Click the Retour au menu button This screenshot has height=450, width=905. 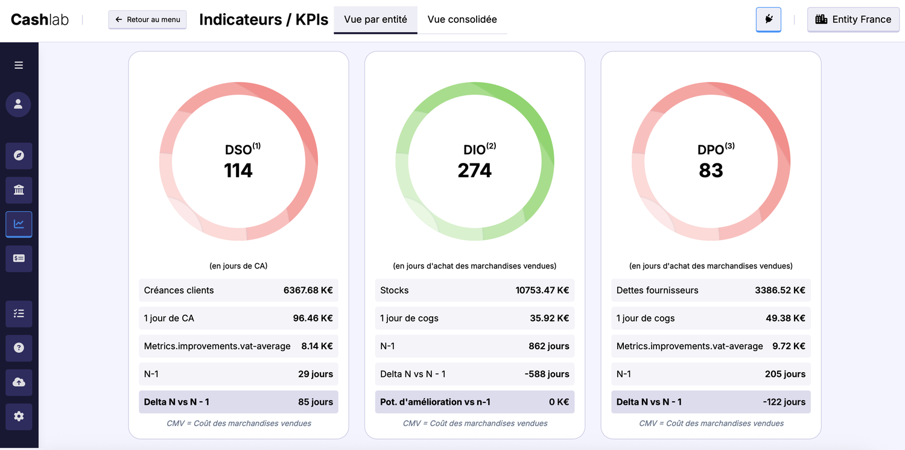pyautogui.click(x=148, y=19)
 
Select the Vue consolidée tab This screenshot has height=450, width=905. pyautogui.click(x=462, y=19)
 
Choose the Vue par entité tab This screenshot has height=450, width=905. pyautogui.click(x=375, y=19)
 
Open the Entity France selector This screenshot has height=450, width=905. pyautogui.click(x=853, y=19)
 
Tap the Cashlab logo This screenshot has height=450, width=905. pyautogui.click(x=40, y=19)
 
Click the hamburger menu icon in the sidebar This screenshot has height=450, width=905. pyautogui.click(x=19, y=65)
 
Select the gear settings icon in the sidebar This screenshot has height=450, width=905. pyautogui.click(x=19, y=416)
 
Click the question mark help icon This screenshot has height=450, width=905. pyautogui.click(x=19, y=347)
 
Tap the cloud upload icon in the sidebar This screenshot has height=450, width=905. pyautogui.click(x=19, y=382)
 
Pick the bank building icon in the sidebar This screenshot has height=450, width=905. pyautogui.click(x=19, y=190)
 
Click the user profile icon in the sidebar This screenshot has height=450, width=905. pyautogui.click(x=19, y=104)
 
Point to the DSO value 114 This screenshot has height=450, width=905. pyautogui.click(x=238, y=171)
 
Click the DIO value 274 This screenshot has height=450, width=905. pyautogui.click(x=475, y=171)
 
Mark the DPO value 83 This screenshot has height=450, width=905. pyautogui.click(x=711, y=171)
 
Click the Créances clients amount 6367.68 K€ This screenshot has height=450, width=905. pyautogui.click(x=308, y=290)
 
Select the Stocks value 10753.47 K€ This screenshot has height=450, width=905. pyautogui.click(x=542, y=290)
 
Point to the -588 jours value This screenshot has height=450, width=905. pyautogui.click(x=547, y=374)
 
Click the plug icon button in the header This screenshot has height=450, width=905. pyautogui.click(x=769, y=19)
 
